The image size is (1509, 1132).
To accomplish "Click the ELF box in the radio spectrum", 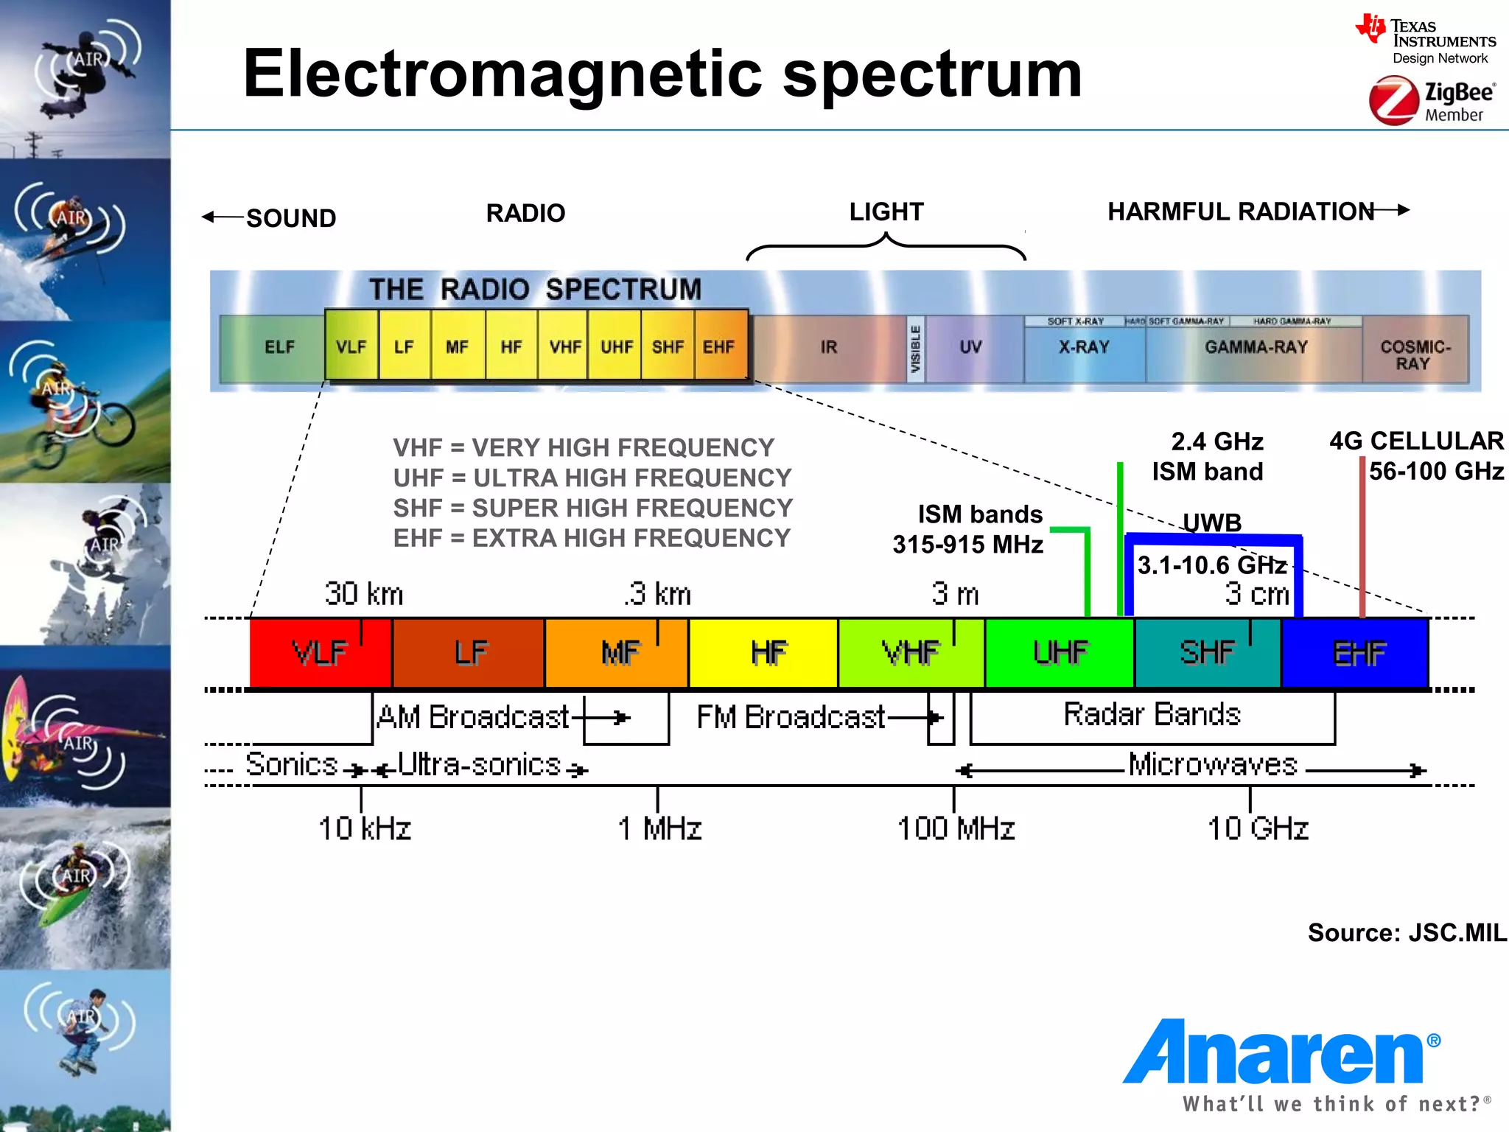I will click(x=279, y=347).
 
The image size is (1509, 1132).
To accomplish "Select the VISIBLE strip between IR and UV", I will click(x=915, y=349).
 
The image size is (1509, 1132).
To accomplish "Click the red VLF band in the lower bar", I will click(x=320, y=653).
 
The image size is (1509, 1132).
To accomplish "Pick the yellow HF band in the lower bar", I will click(x=768, y=653).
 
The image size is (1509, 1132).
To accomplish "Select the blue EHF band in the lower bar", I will click(x=1358, y=653).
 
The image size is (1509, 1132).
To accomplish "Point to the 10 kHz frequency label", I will click(x=364, y=828).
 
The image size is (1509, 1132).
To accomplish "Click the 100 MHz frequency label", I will click(x=956, y=828).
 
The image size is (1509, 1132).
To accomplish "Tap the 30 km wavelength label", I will click(x=364, y=594).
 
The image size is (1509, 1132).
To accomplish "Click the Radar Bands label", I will click(x=1152, y=714).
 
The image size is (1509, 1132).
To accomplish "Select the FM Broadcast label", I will click(x=791, y=717).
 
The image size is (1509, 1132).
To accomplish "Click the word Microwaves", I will click(x=1213, y=765).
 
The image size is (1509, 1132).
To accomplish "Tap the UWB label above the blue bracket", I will click(x=1212, y=522).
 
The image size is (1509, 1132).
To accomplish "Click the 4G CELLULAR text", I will click(x=1415, y=441).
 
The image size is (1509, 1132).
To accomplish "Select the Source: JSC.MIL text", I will click(x=1406, y=933).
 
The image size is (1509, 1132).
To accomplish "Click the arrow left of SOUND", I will click(x=221, y=217).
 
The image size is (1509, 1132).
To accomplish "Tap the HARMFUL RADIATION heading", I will click(x=1241, y=212).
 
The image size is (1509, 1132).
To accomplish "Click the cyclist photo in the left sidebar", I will click(x=85, y=402).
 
